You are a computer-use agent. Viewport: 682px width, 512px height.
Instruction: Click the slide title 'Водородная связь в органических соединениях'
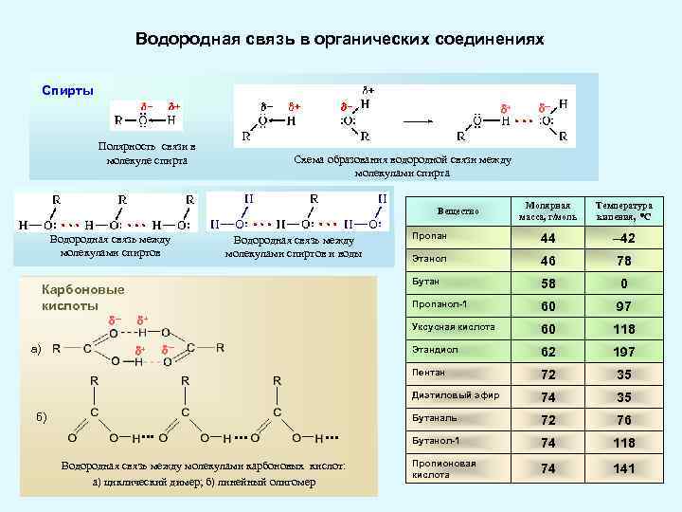(x=340, y=41)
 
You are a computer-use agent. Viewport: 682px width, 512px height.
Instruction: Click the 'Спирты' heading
(x=67, y=90)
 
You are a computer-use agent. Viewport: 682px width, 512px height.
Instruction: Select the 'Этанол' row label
(x=428, y=258)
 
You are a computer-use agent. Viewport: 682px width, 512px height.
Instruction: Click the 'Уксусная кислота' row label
(x=453, y=327)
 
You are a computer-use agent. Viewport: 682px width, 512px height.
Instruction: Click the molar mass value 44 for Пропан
(x=546, y=239)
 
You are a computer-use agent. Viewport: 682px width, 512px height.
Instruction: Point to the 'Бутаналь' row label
(x=434, y=418)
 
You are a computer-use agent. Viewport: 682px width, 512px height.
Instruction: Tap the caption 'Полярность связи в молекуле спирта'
(x=147, y=154)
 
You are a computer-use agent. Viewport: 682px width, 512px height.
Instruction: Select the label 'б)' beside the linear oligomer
(x=38, y=417)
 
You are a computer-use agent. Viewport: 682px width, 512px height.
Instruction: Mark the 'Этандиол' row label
(x=434, y=350)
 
